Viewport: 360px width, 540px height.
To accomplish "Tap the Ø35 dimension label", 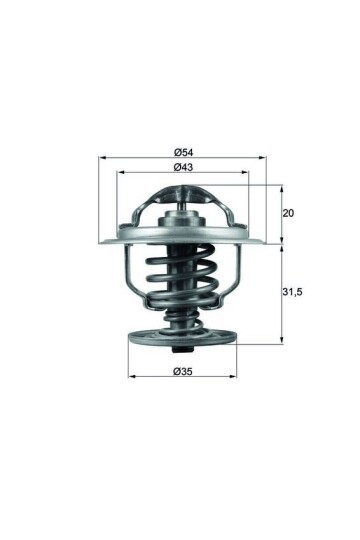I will (182, 372).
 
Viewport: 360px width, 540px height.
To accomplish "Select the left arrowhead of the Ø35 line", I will (132, 380).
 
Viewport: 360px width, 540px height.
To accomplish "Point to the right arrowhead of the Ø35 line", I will (232, 380).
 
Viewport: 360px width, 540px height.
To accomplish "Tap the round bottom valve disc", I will (182, 338).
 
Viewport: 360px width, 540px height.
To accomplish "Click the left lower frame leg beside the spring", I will (126, 275).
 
